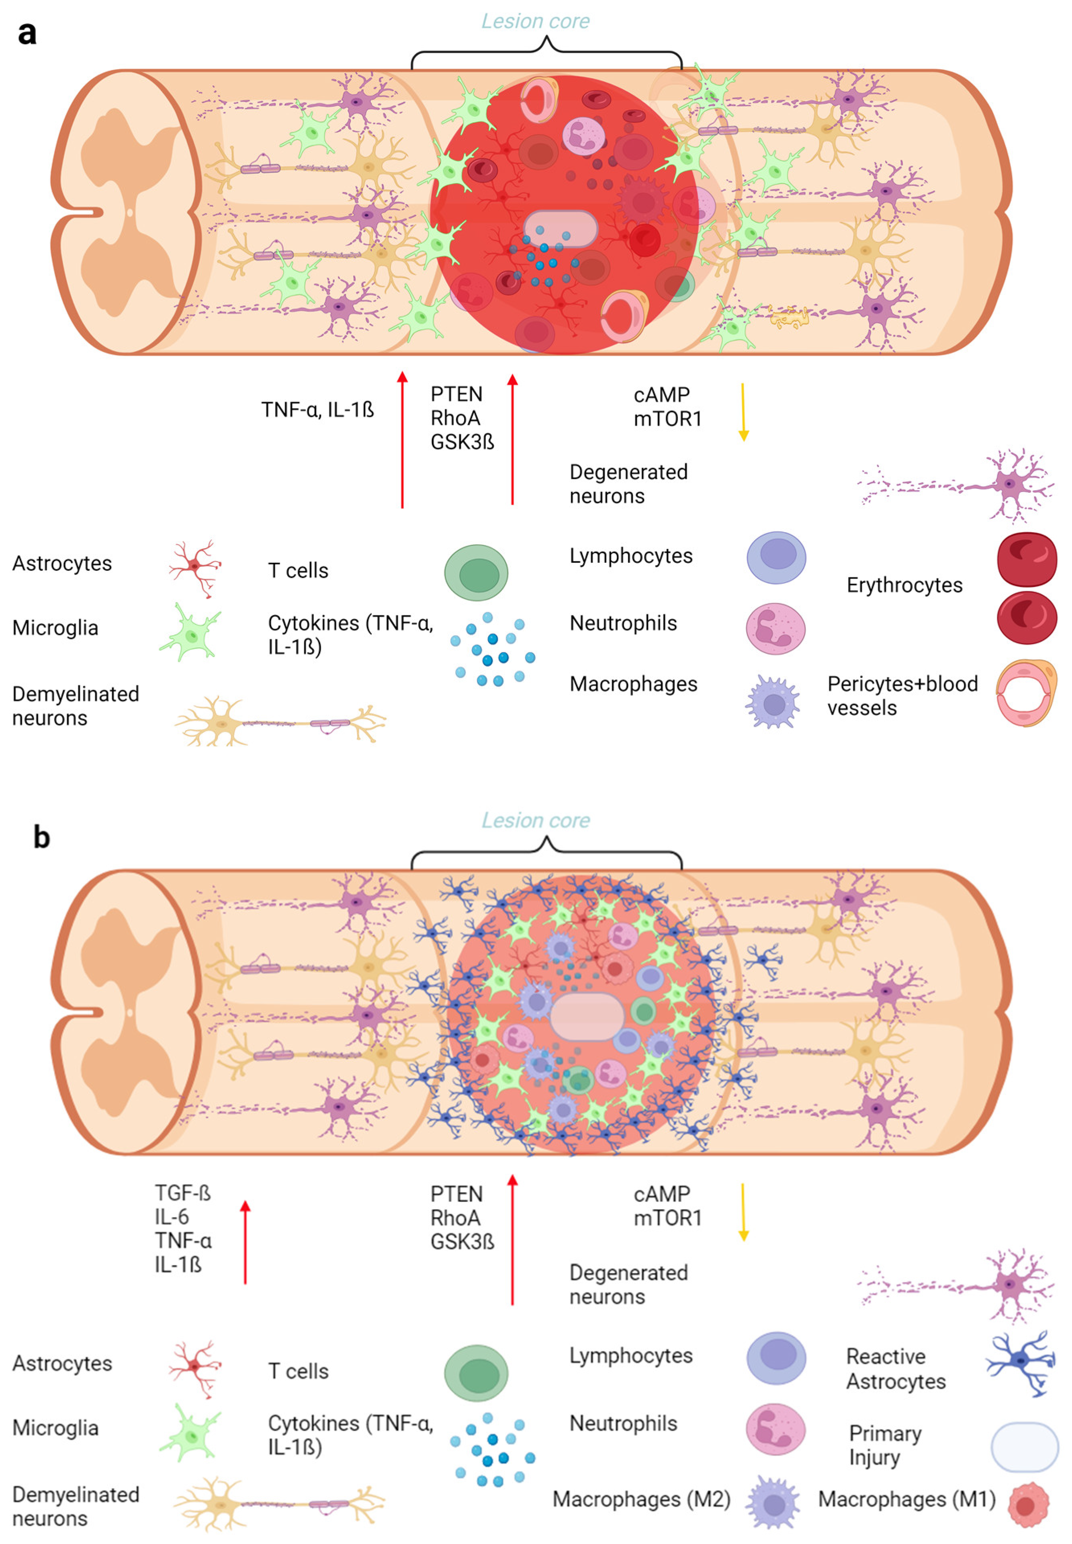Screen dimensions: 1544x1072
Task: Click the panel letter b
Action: pyautogui.click(x=42, y=837)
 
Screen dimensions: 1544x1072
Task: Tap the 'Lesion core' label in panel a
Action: pyautogui.click(x=535, y=21)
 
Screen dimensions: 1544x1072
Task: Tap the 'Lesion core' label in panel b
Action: pyautogui.click(x=535, y=820)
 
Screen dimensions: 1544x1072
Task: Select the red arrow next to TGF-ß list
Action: pyautogui.click(x=245, y=1243)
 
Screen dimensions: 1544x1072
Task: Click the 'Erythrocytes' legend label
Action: pyautogui.click(x=904, y=585)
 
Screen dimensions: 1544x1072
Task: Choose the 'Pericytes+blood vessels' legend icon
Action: pyautogui.click(x=1026, y=693)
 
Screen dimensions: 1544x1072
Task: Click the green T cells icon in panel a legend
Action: pyautogui.click(x=476, y=572)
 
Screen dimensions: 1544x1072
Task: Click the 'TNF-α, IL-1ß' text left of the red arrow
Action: pyautogui.click(x=317, y=410)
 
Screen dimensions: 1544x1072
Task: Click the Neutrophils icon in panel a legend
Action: pyautogui.click(x=776, y=629)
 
